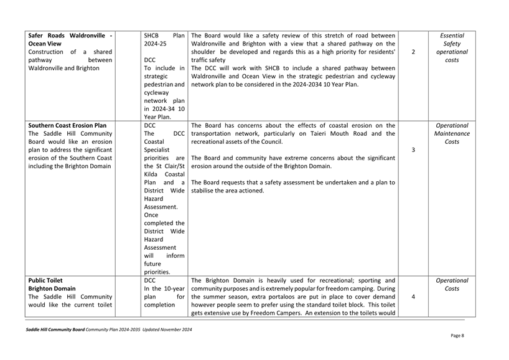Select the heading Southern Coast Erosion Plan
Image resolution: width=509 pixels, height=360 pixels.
pos(67,126)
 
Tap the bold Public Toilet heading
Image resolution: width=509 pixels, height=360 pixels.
pos(48,281)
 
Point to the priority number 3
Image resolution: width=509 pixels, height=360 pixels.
pos(414,150)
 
